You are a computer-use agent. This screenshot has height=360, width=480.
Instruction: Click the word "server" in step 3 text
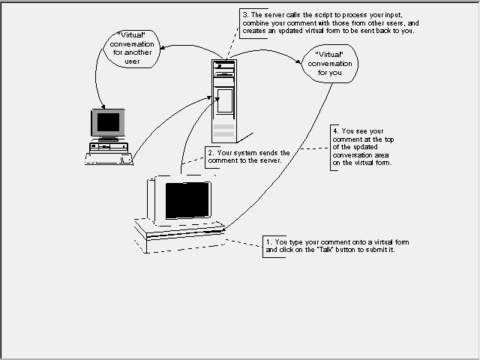pos(276,14)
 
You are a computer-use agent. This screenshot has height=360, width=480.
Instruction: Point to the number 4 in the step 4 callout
pos(334,130)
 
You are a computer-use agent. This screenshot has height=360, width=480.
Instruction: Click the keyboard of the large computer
pos(180,231)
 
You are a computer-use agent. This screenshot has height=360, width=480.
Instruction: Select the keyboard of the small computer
pos(109,157)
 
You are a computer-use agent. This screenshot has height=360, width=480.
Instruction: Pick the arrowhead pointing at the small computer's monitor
pos(100,105)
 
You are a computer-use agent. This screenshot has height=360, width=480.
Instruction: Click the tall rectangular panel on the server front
pos(224,100)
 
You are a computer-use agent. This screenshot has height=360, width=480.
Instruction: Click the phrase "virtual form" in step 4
pos(371,163)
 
